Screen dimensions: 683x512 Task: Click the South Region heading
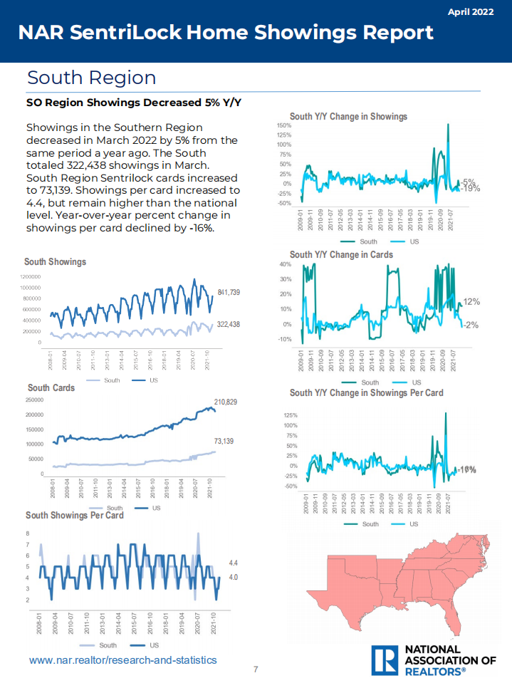(x=91, y=77)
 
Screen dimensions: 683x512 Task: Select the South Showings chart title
(x=55, y=261)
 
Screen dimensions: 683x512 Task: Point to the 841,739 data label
(x=229, y=293)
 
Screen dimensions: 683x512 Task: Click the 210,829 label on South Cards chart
(x=226, y=402)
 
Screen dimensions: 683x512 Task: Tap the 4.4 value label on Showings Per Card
(x=233, y=562)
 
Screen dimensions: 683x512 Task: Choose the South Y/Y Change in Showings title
(x=348, y=116)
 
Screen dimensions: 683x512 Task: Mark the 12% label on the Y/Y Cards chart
(x=471, y=302)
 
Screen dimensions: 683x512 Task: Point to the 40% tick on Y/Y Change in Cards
(x=304, y=264)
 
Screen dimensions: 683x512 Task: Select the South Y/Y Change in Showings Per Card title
(x=366, y=392)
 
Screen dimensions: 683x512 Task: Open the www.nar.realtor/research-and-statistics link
(x=122, y=660)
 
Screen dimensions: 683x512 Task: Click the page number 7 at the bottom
(x=256, y=669)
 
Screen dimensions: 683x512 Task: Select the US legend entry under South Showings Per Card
(x=152, y=644)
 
